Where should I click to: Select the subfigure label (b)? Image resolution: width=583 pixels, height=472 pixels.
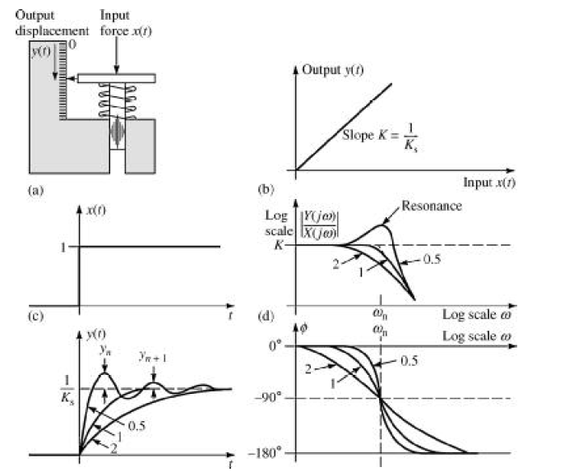coord(266,189)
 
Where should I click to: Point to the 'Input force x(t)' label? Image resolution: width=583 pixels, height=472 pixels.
coord(121,23)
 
